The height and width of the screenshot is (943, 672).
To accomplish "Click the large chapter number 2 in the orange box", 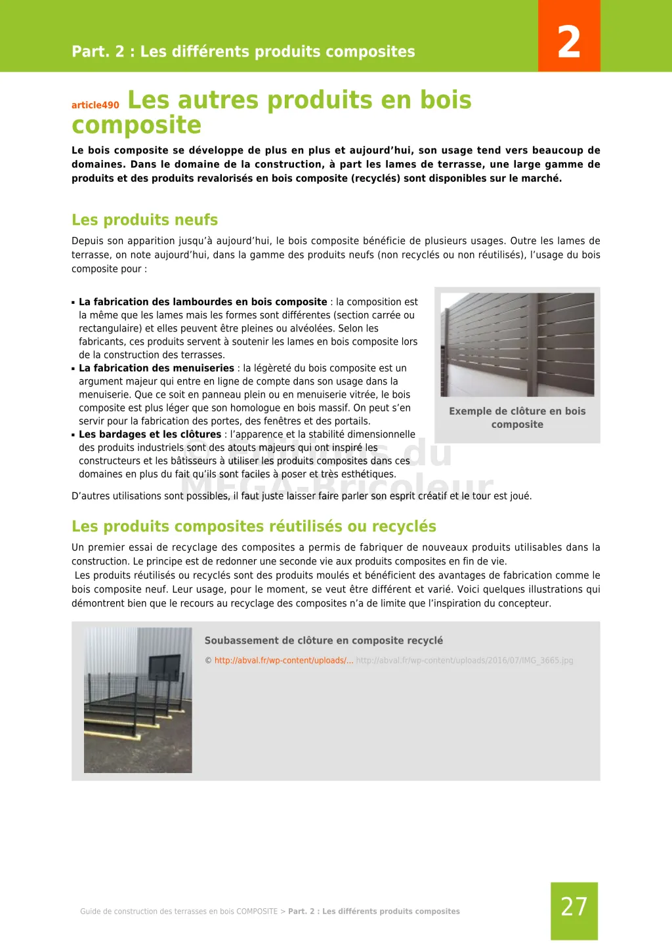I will coord(569,42).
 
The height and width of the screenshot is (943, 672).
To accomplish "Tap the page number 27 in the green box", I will coord(574,907).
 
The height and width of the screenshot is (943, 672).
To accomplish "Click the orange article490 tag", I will coord(95,105).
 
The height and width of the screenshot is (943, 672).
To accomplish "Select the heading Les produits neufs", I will coord(144,220).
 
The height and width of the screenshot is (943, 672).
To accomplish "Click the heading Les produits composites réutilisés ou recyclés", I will coord(253,526).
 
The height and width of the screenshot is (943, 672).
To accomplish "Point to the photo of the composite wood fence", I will coord(517,345).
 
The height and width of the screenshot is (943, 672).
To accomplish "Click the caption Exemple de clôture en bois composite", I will coord(517,417).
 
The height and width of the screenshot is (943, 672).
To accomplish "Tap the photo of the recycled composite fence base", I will coord(138,700).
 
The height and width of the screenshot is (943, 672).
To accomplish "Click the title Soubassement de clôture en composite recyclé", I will coord(324,640).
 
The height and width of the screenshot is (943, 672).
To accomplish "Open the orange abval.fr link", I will coord(283,660).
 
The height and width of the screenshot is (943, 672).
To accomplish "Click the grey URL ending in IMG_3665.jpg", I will coord(465,660).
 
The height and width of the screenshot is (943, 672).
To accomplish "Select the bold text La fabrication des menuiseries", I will coord(156,368).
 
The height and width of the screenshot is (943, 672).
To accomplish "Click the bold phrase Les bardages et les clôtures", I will coord(150,434).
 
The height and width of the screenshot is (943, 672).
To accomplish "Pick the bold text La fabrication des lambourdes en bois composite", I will coord(203,302).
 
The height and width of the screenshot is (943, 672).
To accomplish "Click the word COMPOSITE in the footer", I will coord(257,912).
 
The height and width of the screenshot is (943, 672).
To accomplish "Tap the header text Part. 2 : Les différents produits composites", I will coord(243,52).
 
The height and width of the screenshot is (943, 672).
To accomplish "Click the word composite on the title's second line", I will coord(136,125).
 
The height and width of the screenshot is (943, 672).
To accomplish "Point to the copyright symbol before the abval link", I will coord(208,661).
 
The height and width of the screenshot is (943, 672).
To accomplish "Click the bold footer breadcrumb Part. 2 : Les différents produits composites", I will coord(373,912).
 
